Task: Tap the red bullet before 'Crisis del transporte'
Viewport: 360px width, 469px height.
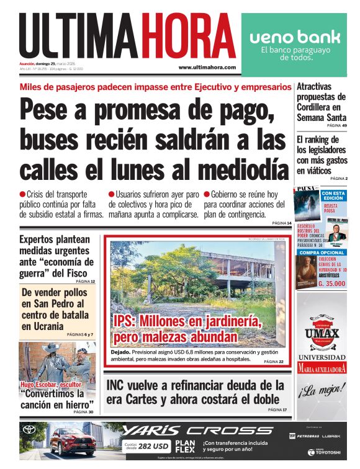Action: [22, 194]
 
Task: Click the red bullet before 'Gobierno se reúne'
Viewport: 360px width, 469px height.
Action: [207, 194]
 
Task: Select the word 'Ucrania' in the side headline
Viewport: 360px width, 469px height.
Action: [42, 326]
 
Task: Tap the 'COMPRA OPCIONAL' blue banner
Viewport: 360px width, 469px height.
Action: [322, 252]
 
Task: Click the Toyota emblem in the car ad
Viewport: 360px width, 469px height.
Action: [29, 429]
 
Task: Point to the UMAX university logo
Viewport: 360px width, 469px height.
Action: [322, 334]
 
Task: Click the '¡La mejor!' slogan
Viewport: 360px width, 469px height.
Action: [321, 391]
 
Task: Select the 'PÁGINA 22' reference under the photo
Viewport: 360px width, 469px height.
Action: [273, 362]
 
